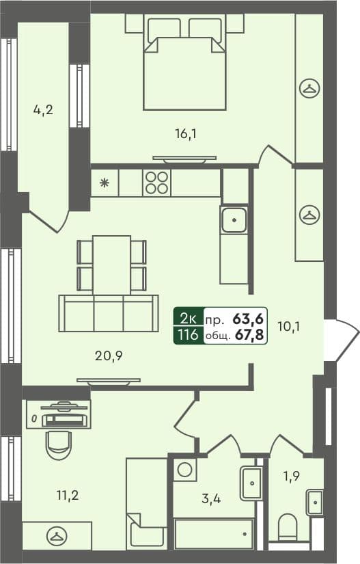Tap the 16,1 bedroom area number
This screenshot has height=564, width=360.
[186, 133]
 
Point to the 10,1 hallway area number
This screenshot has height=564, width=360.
[289, 325]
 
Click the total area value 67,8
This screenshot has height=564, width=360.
[250, 335]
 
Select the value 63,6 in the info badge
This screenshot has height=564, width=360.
[250, 318]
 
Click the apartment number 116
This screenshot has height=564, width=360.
[189, 335]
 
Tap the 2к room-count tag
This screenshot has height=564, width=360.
[189, 318]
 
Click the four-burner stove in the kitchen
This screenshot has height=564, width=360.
[156, 183]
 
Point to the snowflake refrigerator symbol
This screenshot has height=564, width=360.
[105, 183]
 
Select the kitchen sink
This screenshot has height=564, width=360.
[234, 220]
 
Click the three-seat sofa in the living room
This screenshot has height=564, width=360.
[109, 314]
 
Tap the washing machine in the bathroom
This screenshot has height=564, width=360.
[184, 470]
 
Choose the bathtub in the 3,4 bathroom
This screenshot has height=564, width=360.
[214, 534]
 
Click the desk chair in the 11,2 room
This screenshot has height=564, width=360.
[59, 444]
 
